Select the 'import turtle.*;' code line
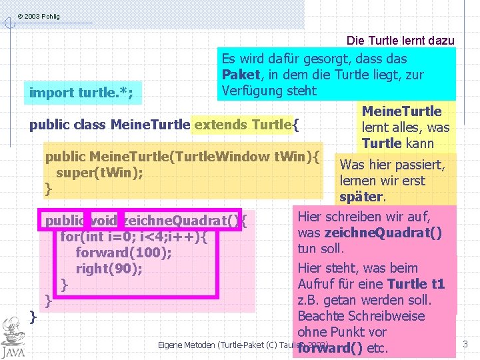[x=81, y=93]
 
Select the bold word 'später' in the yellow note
[x=361, y=197]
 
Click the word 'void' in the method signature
[x=103, y=221]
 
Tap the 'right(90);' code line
[x=109, y=269]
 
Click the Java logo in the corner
[x=13, y=337]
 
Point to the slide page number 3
[x=465, y=345]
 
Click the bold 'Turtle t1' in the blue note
[x=416, y=284]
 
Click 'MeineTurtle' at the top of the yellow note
[x=401, y=111]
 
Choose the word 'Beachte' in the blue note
[x=321, y=316]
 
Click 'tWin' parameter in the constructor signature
[x=297, y=157]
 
